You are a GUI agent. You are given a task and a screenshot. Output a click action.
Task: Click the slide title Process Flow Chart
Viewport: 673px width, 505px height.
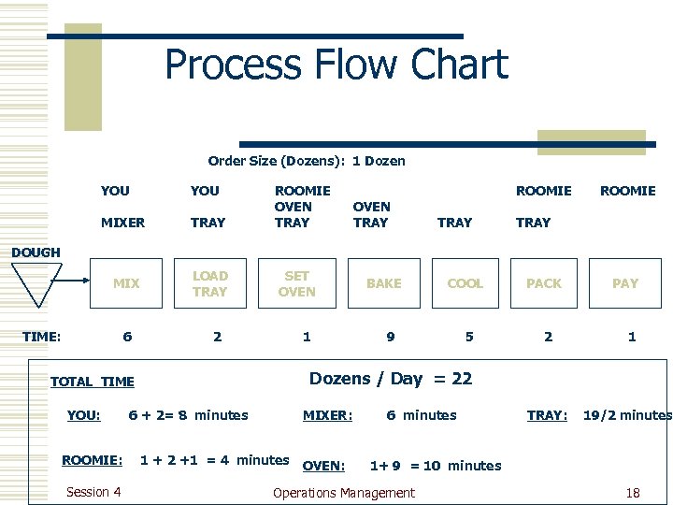[x=336, y=65]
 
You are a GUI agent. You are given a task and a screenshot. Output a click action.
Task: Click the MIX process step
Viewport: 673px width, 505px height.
[x=126, y=283]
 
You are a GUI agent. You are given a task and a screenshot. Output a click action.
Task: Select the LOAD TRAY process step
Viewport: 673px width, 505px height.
[x=209, y=283]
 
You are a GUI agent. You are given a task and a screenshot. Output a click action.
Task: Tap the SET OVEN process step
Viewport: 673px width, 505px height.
[x=296, y=283]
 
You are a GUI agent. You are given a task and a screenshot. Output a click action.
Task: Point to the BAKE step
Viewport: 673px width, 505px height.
[x=383, y=283]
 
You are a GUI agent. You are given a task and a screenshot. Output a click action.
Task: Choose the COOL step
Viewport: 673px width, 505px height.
[x=465, y=283]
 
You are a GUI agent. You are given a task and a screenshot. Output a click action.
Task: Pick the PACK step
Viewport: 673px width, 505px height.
[x=544, y=283]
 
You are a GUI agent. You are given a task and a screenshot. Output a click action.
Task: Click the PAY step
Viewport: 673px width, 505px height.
[x=625, y=283]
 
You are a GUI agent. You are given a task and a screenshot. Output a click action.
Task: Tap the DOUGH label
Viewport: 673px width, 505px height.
[x=36, y=252]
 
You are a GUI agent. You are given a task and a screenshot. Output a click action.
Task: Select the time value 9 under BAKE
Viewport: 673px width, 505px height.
[x=391, y=337]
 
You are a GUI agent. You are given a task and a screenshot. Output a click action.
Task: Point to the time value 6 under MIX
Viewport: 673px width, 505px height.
[x=127, y=337]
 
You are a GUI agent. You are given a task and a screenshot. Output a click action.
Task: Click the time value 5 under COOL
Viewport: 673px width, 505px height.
[x=469, y=337]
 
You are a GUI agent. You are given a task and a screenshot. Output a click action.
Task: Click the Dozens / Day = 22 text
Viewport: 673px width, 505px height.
[x=391, y=379]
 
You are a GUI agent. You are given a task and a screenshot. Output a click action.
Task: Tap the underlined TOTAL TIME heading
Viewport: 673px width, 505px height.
[x=92, y=382]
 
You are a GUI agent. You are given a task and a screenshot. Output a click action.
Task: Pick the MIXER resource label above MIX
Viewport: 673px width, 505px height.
[x=122, y=223]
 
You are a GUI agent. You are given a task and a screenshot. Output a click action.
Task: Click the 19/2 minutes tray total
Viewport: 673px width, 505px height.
[x=627, y=415]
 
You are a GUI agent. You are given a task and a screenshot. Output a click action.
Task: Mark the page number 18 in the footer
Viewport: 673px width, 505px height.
[x=633, y=493]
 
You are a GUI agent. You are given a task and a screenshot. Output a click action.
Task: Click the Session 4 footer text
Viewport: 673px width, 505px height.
[x=93, y=492]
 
